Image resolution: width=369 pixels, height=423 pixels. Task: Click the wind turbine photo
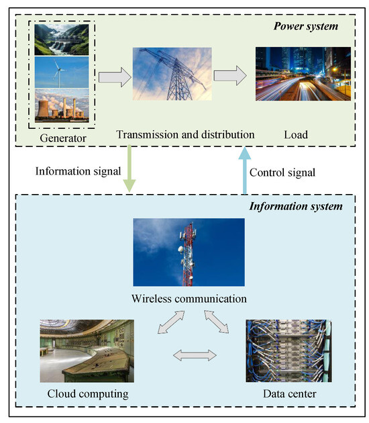[x=60, y=73]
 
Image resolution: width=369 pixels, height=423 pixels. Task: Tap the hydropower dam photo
[x=60, y=38]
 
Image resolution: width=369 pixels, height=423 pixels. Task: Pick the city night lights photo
[x=303, y=74]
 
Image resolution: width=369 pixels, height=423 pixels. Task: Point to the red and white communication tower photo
[x=189, y=252]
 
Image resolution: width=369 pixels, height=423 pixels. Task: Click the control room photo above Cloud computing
[x=87, y=350]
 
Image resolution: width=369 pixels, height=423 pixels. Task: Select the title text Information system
[x=295, y=205]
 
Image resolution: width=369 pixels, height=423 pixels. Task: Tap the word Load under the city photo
[x=295, y=135]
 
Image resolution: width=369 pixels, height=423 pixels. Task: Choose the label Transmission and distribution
[x=185, y=135]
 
